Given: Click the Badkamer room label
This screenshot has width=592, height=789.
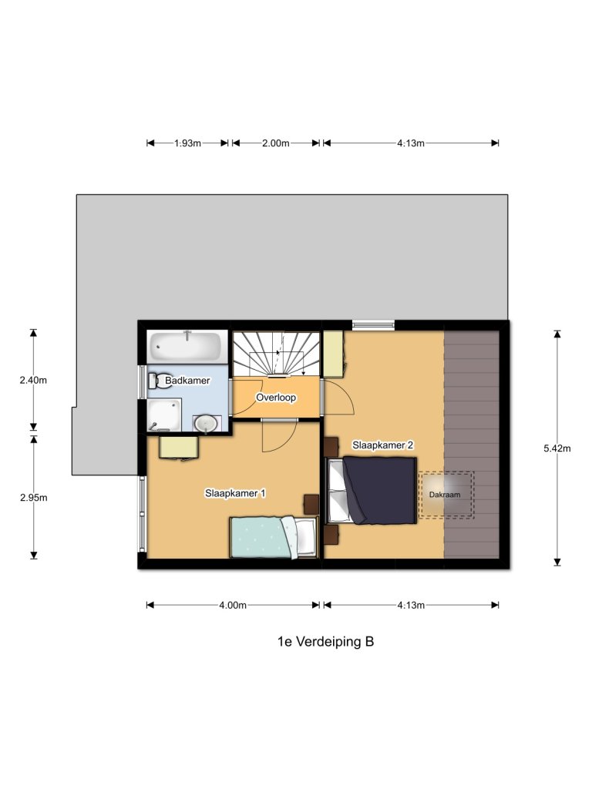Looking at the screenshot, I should tap(188, 381).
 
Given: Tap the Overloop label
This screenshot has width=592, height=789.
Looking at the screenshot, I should tap(277, 398).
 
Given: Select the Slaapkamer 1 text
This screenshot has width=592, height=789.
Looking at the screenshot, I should tap(236, 493).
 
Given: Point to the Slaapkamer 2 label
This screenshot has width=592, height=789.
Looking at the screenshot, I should tap(383, 445).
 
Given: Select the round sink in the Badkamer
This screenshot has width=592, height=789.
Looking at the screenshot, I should tap(206, 423).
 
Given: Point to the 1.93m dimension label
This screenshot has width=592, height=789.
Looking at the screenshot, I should tap(187, 143).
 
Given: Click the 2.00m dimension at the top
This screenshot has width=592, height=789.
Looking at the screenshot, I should tap(275, 143).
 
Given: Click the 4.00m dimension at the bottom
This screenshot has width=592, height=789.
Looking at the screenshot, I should tap(232, 606).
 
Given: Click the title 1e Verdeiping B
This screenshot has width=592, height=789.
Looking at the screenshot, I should tap(325, 641).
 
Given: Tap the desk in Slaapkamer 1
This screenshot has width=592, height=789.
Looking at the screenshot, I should tap(179, 446).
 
